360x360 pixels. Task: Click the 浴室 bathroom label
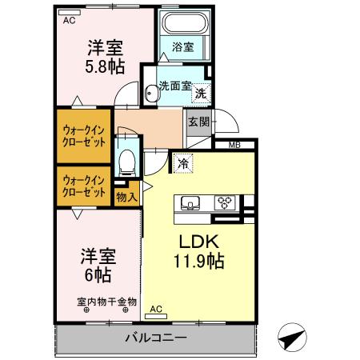182,47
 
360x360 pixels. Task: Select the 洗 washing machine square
202,93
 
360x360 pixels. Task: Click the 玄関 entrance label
198,122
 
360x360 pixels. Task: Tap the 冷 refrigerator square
183,163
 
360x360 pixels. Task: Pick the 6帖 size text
98,274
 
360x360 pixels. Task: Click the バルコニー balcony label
155,338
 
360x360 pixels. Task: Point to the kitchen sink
191,202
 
